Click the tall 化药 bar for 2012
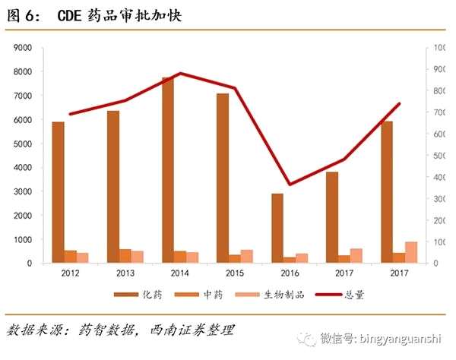[x=59, y=192]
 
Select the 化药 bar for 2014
[x=168, y=170]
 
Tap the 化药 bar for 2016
[x=277, y=228]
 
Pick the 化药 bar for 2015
[x=223, y=178]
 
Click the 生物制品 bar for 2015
[x=247, y=256]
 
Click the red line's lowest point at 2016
[x=290, y=184]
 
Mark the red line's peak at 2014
[x=180, y=74]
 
